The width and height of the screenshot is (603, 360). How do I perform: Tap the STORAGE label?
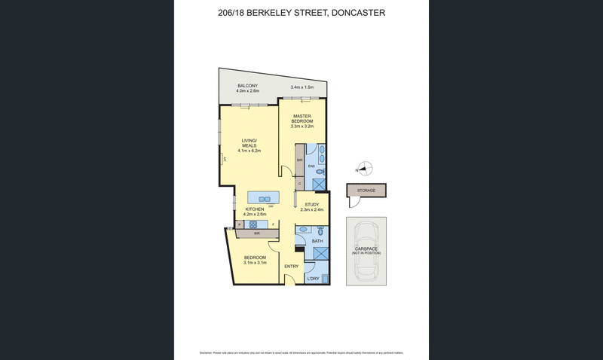366,191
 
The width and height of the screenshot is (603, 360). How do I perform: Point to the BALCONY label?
248,86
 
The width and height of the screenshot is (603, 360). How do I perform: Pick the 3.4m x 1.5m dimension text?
301,88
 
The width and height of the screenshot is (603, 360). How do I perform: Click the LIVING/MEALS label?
249,143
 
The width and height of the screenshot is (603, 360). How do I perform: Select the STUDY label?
312,205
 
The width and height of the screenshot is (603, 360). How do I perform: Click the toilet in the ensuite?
320,172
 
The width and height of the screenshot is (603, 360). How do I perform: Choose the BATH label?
317,241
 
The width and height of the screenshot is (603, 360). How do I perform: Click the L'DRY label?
314,279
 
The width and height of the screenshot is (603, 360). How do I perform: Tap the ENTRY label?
291,266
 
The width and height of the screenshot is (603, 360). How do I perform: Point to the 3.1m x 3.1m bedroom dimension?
254,264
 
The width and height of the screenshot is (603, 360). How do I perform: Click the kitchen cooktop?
254,224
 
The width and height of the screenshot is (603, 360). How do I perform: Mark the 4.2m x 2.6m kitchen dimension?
254,214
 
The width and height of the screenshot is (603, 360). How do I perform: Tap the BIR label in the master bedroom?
300,160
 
